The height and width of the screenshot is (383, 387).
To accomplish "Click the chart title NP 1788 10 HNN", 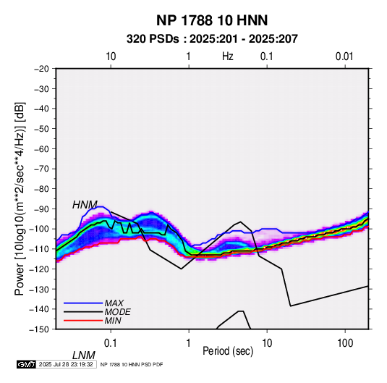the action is pyautogui.click(x=212, y=20).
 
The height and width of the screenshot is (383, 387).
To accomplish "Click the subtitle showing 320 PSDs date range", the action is pyautogui.click(x=212, y=39).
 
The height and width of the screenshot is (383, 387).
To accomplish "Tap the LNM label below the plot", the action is pyautogui.click(x=84, y=355).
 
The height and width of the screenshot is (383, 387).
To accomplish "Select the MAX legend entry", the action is pyautogui.click(x=114, y=303).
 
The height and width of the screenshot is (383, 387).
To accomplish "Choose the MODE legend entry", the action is pyautogui.click(x=117, y=312).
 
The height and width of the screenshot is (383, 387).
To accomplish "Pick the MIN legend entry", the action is pyautogui.click(x=113, y=321).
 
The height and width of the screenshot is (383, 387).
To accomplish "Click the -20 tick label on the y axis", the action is pyautogui.click(x=41, y=69).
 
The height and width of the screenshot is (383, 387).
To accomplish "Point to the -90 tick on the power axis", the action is pyautogui.click(x=41, y=209).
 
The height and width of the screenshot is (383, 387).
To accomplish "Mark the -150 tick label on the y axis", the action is pyautogui.click(x=40, y=329).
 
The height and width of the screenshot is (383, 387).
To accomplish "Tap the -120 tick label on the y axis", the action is pyautogui.click(x=40, y=269).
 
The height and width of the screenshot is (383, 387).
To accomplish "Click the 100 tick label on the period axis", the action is pyautogui.click(x=345, y=343).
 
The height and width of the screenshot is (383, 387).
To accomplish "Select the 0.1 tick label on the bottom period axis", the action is pyautogui.click(x=111, y=343).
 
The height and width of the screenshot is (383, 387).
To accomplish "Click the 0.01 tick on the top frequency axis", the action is pyautogui.click(x=344, y=56).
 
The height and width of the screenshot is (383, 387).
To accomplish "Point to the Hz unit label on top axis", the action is pyautogui.click(x=228, y=56).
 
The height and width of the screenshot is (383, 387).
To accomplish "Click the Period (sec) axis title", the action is pyautogui.click(x=228, y=351).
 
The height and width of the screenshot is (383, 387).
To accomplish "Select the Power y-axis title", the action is pyautogui.click(x=20, y=199).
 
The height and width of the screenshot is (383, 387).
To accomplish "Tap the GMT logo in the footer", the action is pyautogui.click(x=27, y=364).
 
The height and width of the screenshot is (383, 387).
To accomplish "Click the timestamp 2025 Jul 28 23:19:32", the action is pyautogui.click(x=66, y=364).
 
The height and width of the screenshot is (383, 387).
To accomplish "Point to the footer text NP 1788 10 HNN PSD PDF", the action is pyautogui.click(x=132, y=364).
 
